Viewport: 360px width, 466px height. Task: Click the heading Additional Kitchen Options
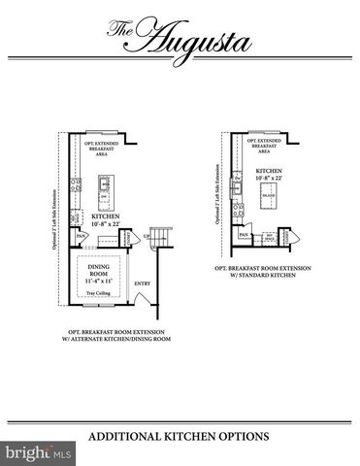click(180, 436)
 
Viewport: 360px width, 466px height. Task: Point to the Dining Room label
click(99, 271)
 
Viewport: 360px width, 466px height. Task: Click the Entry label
click(142, 283)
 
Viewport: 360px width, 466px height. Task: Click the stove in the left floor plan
click(74, 185)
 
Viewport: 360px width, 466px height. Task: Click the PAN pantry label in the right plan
click(244, 235)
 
